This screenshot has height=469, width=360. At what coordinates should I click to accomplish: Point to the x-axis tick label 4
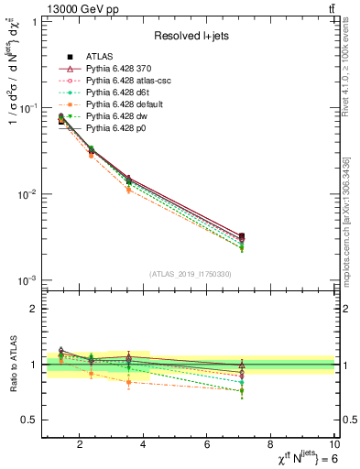(x=144, y=445)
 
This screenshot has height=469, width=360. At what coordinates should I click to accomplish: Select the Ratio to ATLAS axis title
(x=13, y=365)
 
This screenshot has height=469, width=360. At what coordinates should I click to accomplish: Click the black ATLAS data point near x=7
(x=241, y=236)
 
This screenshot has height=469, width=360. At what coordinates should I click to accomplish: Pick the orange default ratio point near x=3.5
(x=128, y=381)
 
